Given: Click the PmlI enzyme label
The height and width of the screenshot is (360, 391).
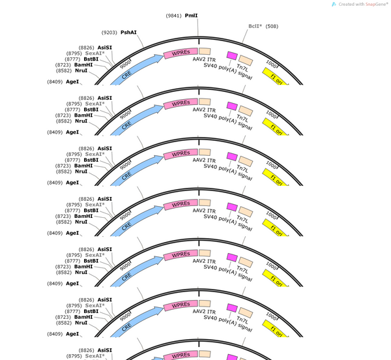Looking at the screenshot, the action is (x=191, y=16).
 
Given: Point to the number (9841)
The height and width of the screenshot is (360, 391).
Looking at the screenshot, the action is (x=173, y=16).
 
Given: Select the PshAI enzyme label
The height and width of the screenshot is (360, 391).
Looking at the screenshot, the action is (x=128, y=33).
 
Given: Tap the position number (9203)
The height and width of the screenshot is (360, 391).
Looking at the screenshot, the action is (x=109, y=33).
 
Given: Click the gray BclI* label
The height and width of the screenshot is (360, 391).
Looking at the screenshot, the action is (x=255, y=26).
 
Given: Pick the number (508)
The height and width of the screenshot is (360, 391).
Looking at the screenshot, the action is (x=272, y=26).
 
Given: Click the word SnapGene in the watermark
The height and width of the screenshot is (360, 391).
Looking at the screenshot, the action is (x=377, y=5).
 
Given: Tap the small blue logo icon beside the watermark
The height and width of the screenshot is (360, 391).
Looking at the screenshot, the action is (x=334, y=5).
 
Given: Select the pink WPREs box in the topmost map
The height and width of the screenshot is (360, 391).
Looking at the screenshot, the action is (x=181, y=53).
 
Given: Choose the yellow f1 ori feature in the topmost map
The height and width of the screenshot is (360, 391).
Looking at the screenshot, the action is (x=276, y=76).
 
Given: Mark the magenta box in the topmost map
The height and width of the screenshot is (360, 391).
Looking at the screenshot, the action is (x=232, y=55).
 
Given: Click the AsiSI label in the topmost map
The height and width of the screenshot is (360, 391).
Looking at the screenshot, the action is (x=105, y=48).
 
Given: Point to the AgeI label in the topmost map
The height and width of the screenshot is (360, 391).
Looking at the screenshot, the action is (x=72, y=82).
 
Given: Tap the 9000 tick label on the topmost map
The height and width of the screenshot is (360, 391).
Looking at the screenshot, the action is (x=125, y=65).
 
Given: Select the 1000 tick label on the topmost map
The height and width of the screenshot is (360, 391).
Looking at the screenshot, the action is (x=271, y=64).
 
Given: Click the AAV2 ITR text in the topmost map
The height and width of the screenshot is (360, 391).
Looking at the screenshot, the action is (x=204, y=59).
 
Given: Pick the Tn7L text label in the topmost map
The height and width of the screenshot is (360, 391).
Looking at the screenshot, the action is (x=242, y=68).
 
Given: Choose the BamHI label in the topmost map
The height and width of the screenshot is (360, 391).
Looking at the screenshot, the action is (x=83, y=65).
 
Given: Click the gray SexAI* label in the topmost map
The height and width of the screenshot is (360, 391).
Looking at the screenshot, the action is (x=94, y=53).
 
